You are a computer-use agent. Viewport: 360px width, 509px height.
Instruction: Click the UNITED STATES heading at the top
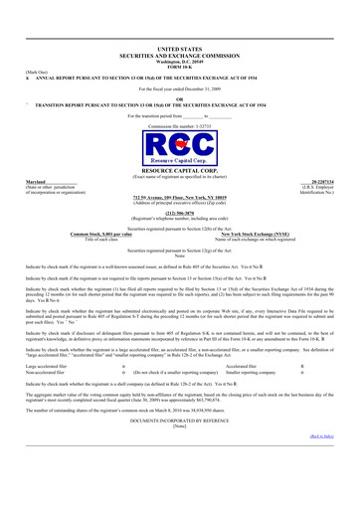tap(180, 47)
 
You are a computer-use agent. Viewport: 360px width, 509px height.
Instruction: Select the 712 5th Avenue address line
tap(180, 224)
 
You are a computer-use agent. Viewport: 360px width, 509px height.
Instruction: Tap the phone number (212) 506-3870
tap(180, 238)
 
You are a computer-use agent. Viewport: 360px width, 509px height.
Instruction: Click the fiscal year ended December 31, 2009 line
tap(180, 87)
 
